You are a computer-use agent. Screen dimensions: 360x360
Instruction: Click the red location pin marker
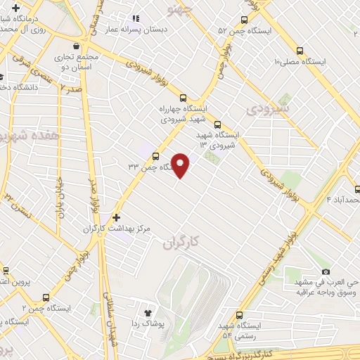click(181, 165)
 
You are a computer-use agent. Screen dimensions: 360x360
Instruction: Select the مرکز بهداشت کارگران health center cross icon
click(117, 218)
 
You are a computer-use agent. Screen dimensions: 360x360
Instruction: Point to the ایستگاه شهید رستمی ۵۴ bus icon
click(240, 316)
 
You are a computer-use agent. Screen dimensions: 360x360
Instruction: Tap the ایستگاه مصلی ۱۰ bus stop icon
click(300, 51)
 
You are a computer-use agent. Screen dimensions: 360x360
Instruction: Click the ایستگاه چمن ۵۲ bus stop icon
click(244, 20)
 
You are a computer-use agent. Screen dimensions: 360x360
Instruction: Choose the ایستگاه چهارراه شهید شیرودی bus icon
click(184, 98)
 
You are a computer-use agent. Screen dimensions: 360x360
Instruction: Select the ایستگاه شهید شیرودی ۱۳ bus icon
click(217, 122)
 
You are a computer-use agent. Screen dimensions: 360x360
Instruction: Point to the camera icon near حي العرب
click(325, 271)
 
